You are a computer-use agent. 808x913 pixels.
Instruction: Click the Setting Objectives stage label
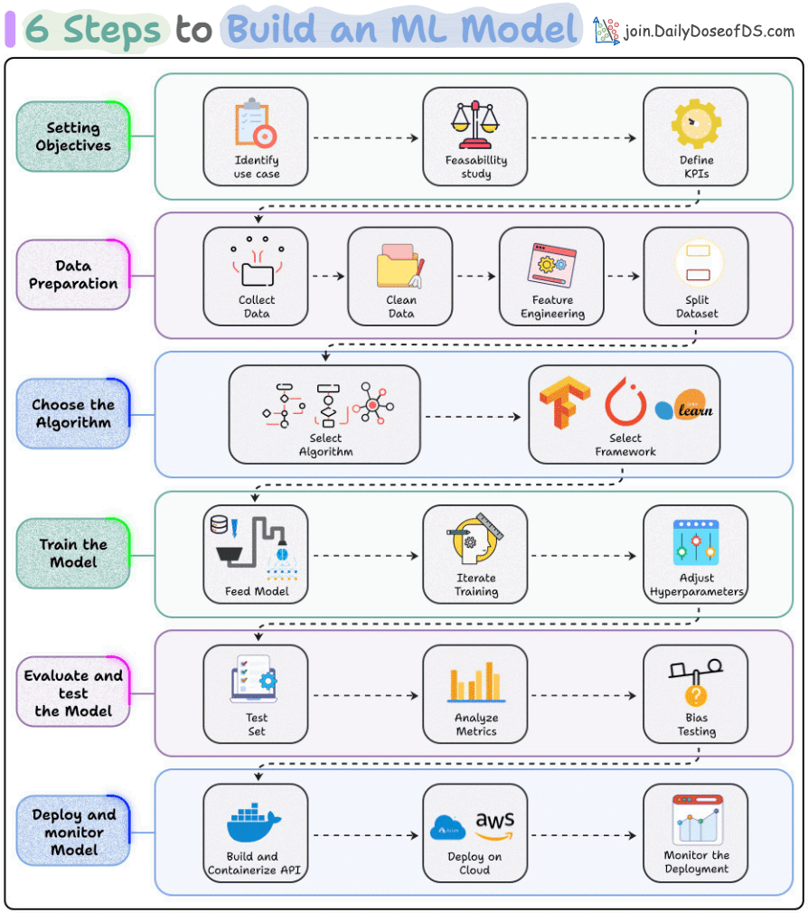point(73,136)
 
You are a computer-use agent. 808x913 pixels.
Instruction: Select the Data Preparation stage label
point(73,275)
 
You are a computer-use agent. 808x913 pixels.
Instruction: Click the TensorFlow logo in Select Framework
point(564,402)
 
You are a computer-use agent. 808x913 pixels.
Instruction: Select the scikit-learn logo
point(684,409)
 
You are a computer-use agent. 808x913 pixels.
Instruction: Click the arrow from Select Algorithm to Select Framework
point(474,417)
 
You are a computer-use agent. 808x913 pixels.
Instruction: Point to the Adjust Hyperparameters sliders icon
point(695,542)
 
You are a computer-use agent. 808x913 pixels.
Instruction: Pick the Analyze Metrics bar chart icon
point(475,682)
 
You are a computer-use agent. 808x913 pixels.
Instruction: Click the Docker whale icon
point(255,822)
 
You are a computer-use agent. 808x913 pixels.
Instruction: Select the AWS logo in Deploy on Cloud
point(495,824)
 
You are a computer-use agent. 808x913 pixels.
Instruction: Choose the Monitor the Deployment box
point(695,833)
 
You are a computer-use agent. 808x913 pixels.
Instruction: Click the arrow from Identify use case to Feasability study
point(365,138)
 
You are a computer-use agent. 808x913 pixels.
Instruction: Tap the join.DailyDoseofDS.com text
point(709,32)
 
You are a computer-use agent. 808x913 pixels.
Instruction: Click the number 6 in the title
point(38,30)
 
